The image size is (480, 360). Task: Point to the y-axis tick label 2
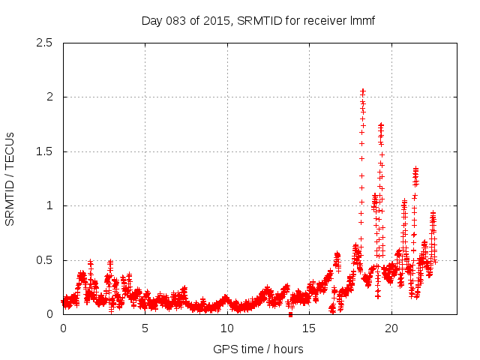click(51, 97)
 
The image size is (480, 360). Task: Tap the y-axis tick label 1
click(51, 205)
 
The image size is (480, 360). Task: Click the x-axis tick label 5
click(145, 328)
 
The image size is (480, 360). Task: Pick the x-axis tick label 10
click(226, 328)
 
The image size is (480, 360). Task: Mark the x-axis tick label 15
click(309, 328)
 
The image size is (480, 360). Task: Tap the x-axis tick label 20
click(391, 328)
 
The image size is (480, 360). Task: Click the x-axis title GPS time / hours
click(258, 349)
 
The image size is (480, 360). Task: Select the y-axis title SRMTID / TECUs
click(10, 178)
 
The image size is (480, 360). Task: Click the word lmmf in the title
click(361, 20)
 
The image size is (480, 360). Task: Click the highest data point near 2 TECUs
click(363, 91)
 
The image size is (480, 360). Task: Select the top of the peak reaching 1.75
click(381, 125)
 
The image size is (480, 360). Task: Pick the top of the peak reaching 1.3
click(415, 169)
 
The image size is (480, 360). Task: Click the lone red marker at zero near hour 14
click(290, 314)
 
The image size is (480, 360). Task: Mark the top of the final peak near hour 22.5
click(433, 213)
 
